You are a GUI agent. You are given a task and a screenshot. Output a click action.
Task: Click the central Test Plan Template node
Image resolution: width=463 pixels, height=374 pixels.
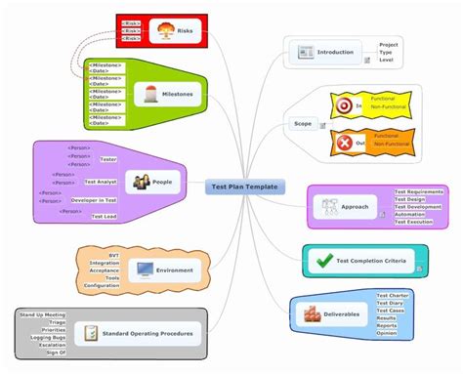244,187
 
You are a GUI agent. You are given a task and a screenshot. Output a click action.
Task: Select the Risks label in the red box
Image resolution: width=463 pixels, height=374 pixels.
186,31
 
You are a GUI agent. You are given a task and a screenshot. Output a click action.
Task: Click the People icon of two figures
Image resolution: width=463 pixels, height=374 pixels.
141,182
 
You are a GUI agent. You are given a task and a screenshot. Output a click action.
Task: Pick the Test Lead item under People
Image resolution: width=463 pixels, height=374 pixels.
105,217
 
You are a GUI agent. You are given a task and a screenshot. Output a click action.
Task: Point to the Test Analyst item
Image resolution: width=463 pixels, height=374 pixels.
102,182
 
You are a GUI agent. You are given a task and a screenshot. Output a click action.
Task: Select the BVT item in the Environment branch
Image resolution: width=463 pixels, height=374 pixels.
114,254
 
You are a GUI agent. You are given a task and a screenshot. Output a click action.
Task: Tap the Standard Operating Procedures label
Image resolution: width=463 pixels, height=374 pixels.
148,333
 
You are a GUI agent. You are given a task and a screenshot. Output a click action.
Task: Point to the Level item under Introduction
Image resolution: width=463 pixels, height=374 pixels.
387,62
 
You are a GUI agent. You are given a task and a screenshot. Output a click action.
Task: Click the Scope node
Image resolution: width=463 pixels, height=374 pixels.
303,124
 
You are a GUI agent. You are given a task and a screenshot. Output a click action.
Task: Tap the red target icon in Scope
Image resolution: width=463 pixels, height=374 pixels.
343,104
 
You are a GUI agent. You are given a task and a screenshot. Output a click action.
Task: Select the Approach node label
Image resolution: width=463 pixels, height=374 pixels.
355,207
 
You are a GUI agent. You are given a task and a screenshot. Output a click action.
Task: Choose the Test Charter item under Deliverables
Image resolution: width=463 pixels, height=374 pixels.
393,295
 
